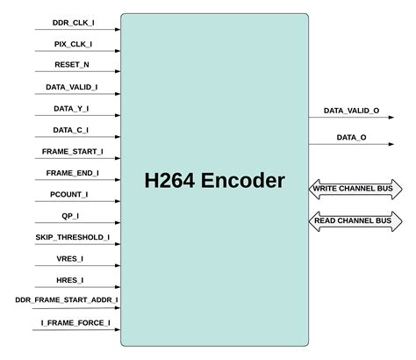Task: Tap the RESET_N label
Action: [71, 66]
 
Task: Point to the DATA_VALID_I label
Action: [71, 88]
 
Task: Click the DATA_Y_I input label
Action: [71, 109]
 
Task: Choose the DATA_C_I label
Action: [71, 130]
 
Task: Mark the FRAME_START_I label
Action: [71, 152]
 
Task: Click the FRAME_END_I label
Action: [71, 173]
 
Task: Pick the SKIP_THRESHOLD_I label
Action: [71, 237]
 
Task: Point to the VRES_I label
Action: [71, 258]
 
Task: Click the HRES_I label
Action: [71, 280]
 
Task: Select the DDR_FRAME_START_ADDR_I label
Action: [66, 301]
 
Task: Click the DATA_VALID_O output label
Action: [351, 111]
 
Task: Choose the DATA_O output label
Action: [351, 138]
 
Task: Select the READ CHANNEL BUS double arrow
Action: [355, 220]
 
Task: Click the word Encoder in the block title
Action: [242, 182]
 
